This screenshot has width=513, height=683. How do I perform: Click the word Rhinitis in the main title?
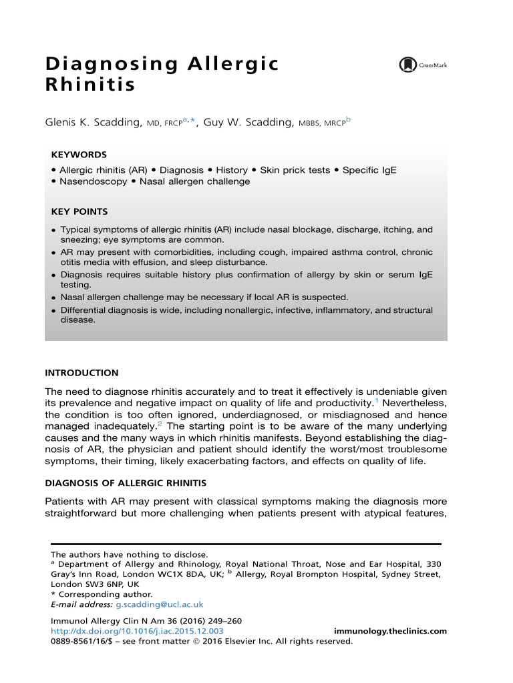coord(90,86)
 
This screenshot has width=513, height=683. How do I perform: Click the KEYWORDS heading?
coord(79,155)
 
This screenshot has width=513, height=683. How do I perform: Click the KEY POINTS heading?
coord(79,212)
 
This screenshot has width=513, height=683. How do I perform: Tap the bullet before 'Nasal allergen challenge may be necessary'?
coord(53,297)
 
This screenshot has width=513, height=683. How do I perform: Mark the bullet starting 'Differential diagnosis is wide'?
coord(53,311)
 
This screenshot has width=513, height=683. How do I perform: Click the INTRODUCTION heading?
coord(81,374)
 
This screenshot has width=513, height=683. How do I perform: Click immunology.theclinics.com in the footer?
coord(389,631)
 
